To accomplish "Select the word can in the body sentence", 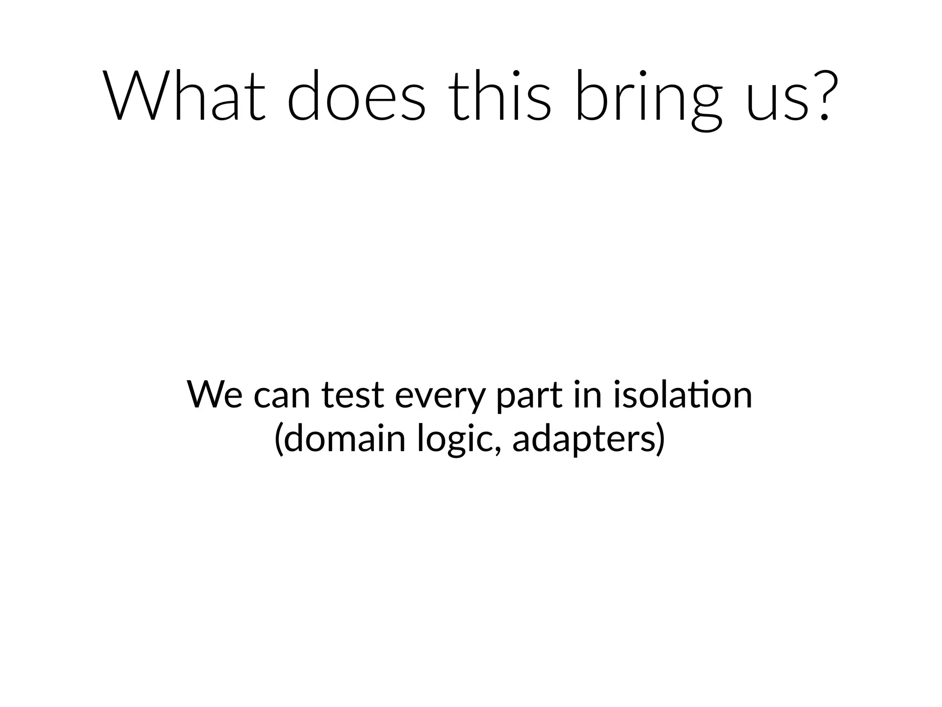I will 282,397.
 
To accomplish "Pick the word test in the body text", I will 353,395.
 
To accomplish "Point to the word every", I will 440,399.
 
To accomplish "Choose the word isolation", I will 683,394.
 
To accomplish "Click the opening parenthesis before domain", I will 278,440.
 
